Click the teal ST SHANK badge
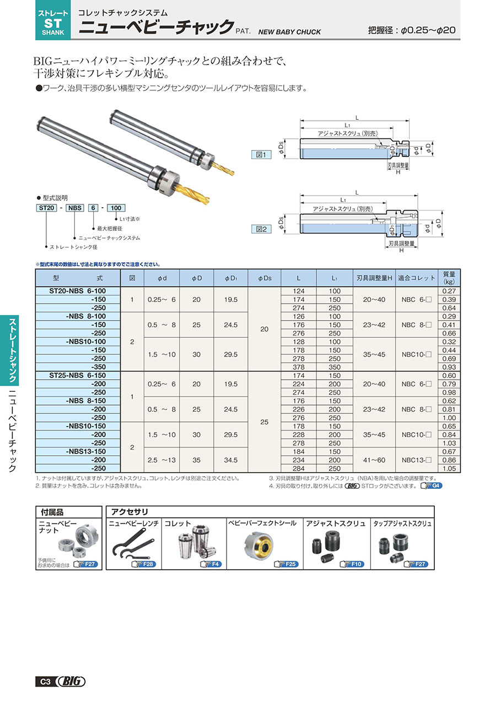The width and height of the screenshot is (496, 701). pyautogui.click(x=53, y=20)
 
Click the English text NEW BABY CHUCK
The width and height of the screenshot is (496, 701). pyautogui.click(x=289, y=32)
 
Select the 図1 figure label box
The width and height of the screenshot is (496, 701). pyautogui.click(x=261, y=155)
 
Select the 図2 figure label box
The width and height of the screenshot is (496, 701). pyautogui.click(x=261, y=229)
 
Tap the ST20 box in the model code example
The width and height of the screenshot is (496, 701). pyautogui.click(x=47, y=208)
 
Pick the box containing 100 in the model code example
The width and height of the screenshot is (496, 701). pyautogui.click(x=116, y=208)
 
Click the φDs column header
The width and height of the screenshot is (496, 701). pyautogui.click(x=265, y=278)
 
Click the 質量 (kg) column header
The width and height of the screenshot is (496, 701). pyautogui.click(x=449, y=278)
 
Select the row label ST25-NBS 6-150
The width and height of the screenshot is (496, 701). pyautogui.click(x=78, y=375)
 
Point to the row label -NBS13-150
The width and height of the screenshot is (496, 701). pyautogui.click(x=86, y=451)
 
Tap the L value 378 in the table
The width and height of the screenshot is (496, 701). pyautogui.click(x=299, y=367)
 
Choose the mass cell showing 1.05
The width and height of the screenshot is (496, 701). pyautogui.click(x=449, y=468)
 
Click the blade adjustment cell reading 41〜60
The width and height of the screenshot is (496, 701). pyautogui.click(x=374, y=460)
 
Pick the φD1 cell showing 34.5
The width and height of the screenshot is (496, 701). pyautogui.click(x=230, y=460)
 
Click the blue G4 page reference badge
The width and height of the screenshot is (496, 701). pyautogui.click(x=432, y=486)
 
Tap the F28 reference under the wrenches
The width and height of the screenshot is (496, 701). pyautogui.click(x=145, y=564)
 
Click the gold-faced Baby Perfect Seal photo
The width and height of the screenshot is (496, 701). pyautogui.click(x=258, y=546)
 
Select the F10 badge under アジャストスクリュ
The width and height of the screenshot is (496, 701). pyautogui.click(x=352, y=564)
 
